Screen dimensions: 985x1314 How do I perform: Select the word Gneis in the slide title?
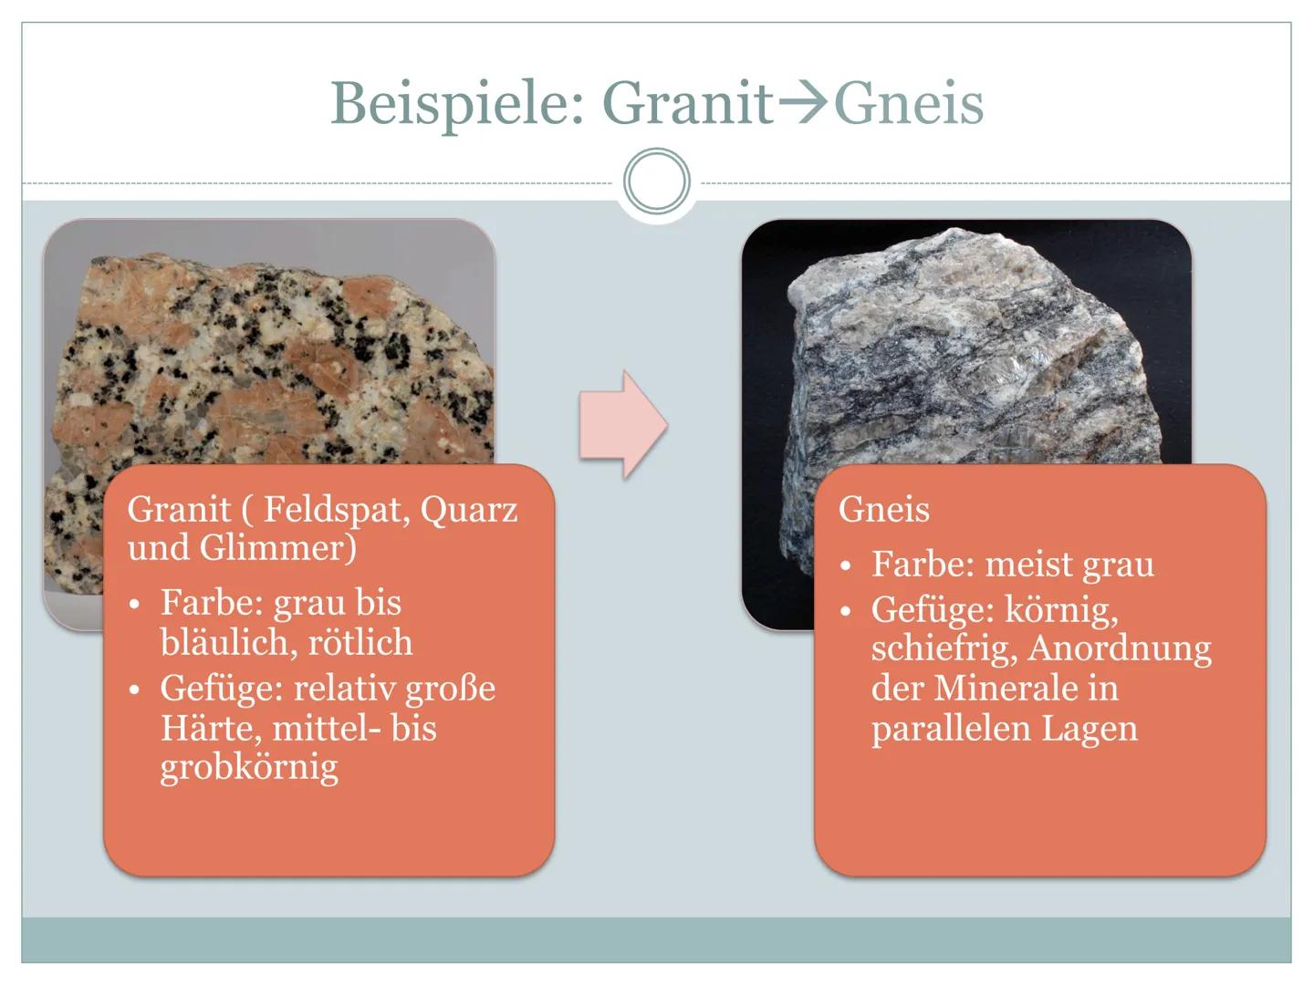(x=909, y=103)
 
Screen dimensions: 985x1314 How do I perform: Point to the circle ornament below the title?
(x=657, y=181)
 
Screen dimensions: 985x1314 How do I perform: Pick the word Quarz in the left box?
(x=469, y=509)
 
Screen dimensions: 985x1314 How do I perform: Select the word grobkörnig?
(x=249, y=768)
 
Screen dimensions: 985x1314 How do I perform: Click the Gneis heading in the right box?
(x=883, y=509)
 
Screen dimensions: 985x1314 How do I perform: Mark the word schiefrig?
(x=944, y=648)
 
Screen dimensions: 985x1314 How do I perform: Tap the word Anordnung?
(x=1120, y=648)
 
